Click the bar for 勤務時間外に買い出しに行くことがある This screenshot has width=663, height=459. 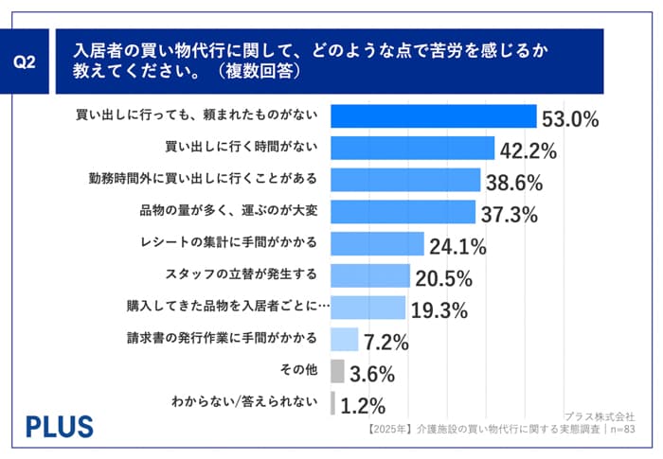point(405,181)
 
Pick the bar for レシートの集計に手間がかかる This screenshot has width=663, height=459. point(378,244)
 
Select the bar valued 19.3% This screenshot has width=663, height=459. point(368,308)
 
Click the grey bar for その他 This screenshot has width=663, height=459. point(337,371)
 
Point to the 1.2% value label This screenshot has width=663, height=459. point(363,406)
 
